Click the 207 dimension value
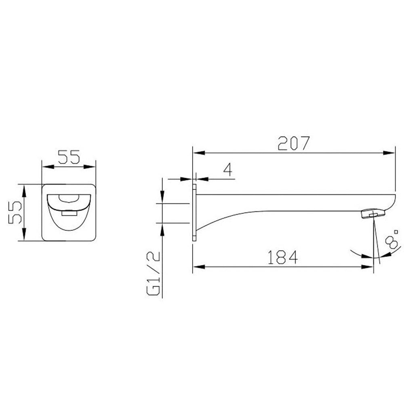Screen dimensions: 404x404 point(294,143)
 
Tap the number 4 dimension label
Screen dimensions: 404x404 point(228,170)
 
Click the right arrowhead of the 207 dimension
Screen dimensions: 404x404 point(390,153)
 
